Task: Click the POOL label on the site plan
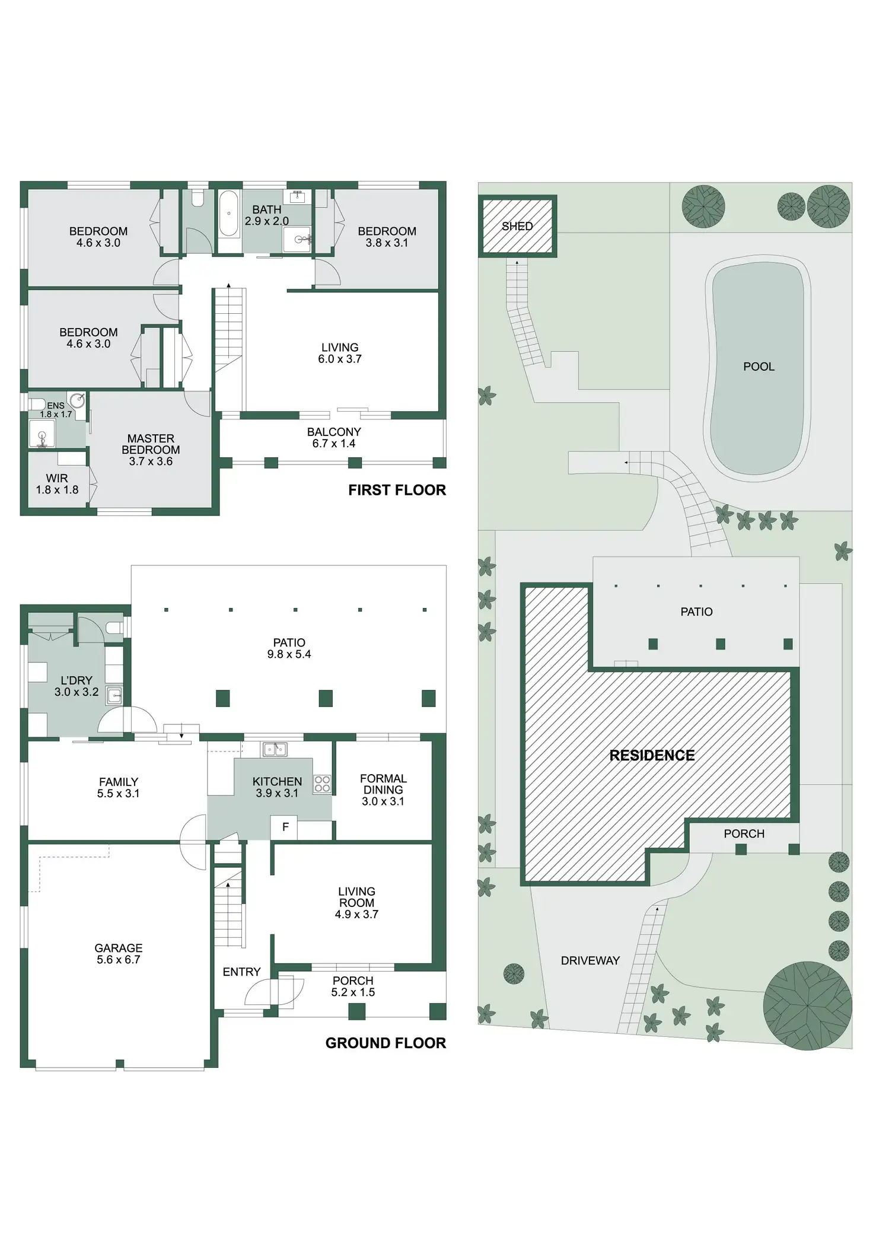(759, 367)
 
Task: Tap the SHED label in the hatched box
(517, 226)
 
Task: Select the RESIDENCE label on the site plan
(652, 755)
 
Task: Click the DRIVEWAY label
(590, 960)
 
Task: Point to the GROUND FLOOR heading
(385, 1043)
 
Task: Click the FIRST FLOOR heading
(397, 490)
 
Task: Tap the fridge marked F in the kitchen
(285, 827)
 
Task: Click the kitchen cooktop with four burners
(322, 784)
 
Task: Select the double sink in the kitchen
(275, 749)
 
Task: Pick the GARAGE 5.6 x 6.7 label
(119, 953)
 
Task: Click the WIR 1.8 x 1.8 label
(57, 484)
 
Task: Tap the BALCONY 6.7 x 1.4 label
(334, 438)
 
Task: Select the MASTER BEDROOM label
(151, 450)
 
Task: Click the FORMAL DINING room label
(383, 790)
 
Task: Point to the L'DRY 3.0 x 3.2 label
(77, 686)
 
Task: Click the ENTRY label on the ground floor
(241, 972)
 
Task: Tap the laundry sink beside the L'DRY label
(114, 695)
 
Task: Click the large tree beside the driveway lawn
(807, 1005)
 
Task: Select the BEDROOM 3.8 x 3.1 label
(387, 237)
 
